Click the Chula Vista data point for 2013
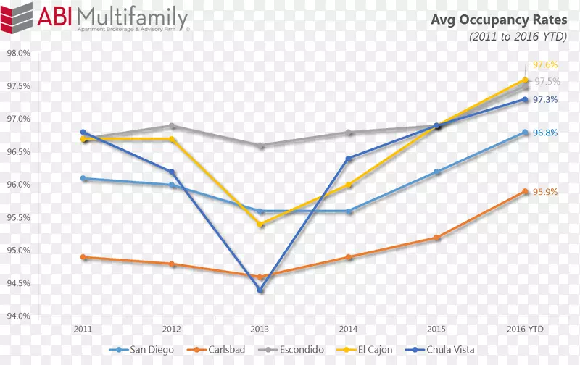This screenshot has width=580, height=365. (261, 290)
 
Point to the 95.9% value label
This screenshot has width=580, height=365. (546, 192)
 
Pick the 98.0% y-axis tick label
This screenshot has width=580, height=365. (18, 54)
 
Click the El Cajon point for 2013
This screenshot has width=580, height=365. (261, 225)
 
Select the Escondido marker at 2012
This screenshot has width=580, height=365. (172, 126)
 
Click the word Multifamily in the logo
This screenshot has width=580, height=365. (131, 17)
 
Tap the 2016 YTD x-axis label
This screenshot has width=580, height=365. (524, 328)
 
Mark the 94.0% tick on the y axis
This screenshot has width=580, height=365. (18, 316)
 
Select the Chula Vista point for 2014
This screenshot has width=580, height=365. (349, 159)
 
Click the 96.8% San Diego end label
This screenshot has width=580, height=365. (546, 133)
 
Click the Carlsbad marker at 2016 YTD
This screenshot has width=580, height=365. (525, 191)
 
